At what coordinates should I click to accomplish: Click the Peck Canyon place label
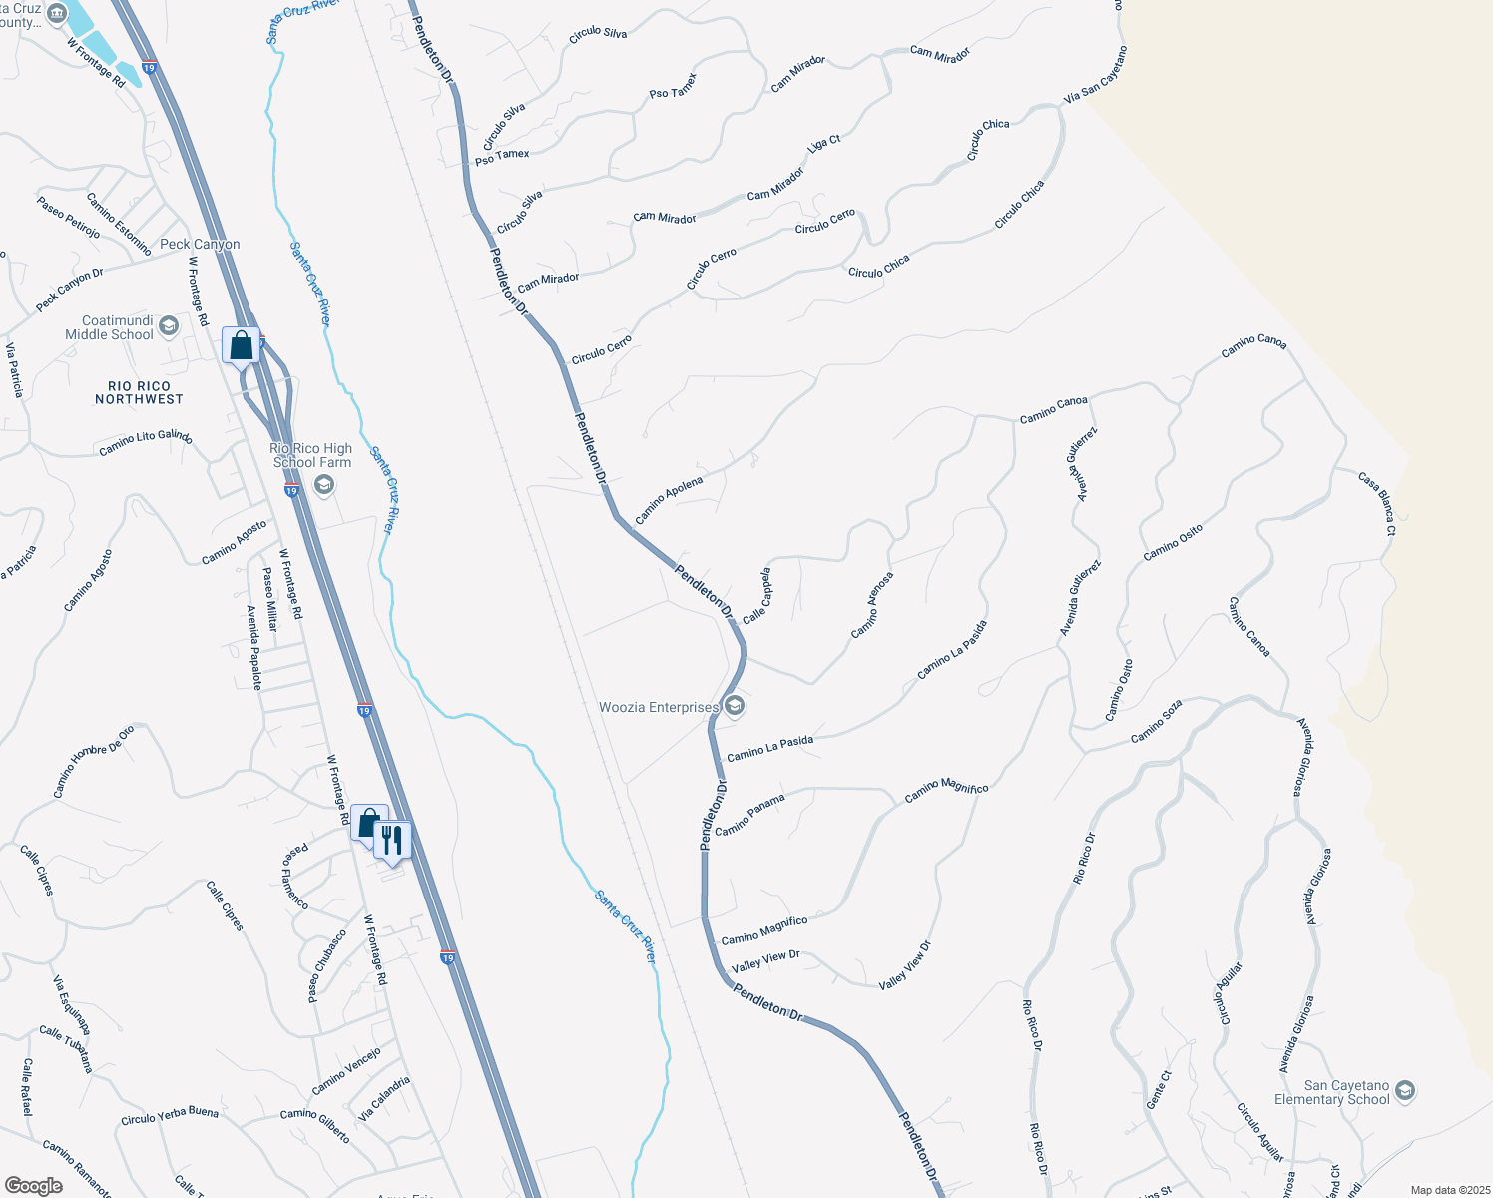pos(200,244)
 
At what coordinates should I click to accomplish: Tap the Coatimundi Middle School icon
pos(169,326)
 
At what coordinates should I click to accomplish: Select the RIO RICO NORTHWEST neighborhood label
pos(139,392)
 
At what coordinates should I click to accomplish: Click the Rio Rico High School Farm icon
pos(323,485)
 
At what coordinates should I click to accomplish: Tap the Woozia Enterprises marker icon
pos(735,707)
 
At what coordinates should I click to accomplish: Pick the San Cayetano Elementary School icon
pos(1405,1091)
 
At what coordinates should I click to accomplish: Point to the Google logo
pos(34,1186)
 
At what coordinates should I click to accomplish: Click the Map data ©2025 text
pos(1449,1190)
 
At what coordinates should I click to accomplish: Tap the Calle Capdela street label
pos(756,596)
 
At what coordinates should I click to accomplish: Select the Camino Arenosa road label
pos(872,605)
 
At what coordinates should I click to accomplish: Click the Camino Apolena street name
pos(669,500)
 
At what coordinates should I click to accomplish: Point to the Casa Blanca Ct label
pos(1377,504)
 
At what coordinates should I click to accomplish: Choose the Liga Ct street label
pos(824,144)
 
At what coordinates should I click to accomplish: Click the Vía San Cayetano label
pos(1096,76)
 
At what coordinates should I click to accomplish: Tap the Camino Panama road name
pos(749,815)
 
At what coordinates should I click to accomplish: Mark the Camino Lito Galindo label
pos(146,442)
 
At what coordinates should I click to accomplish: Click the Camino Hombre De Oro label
pos(93,761)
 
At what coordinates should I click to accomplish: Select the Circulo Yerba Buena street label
pos(170,1115)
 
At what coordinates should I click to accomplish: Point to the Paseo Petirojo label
pos(69,217)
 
